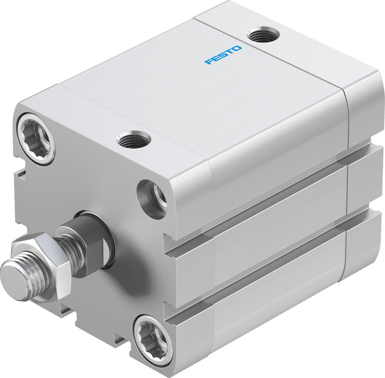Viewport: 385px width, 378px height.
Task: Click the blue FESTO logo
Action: [x=223, y=55]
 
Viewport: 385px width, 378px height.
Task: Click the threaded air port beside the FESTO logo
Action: [x=264, y=35]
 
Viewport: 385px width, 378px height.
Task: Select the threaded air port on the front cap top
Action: [x=134, y=139]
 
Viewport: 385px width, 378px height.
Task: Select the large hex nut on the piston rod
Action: [x=42, y=266]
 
